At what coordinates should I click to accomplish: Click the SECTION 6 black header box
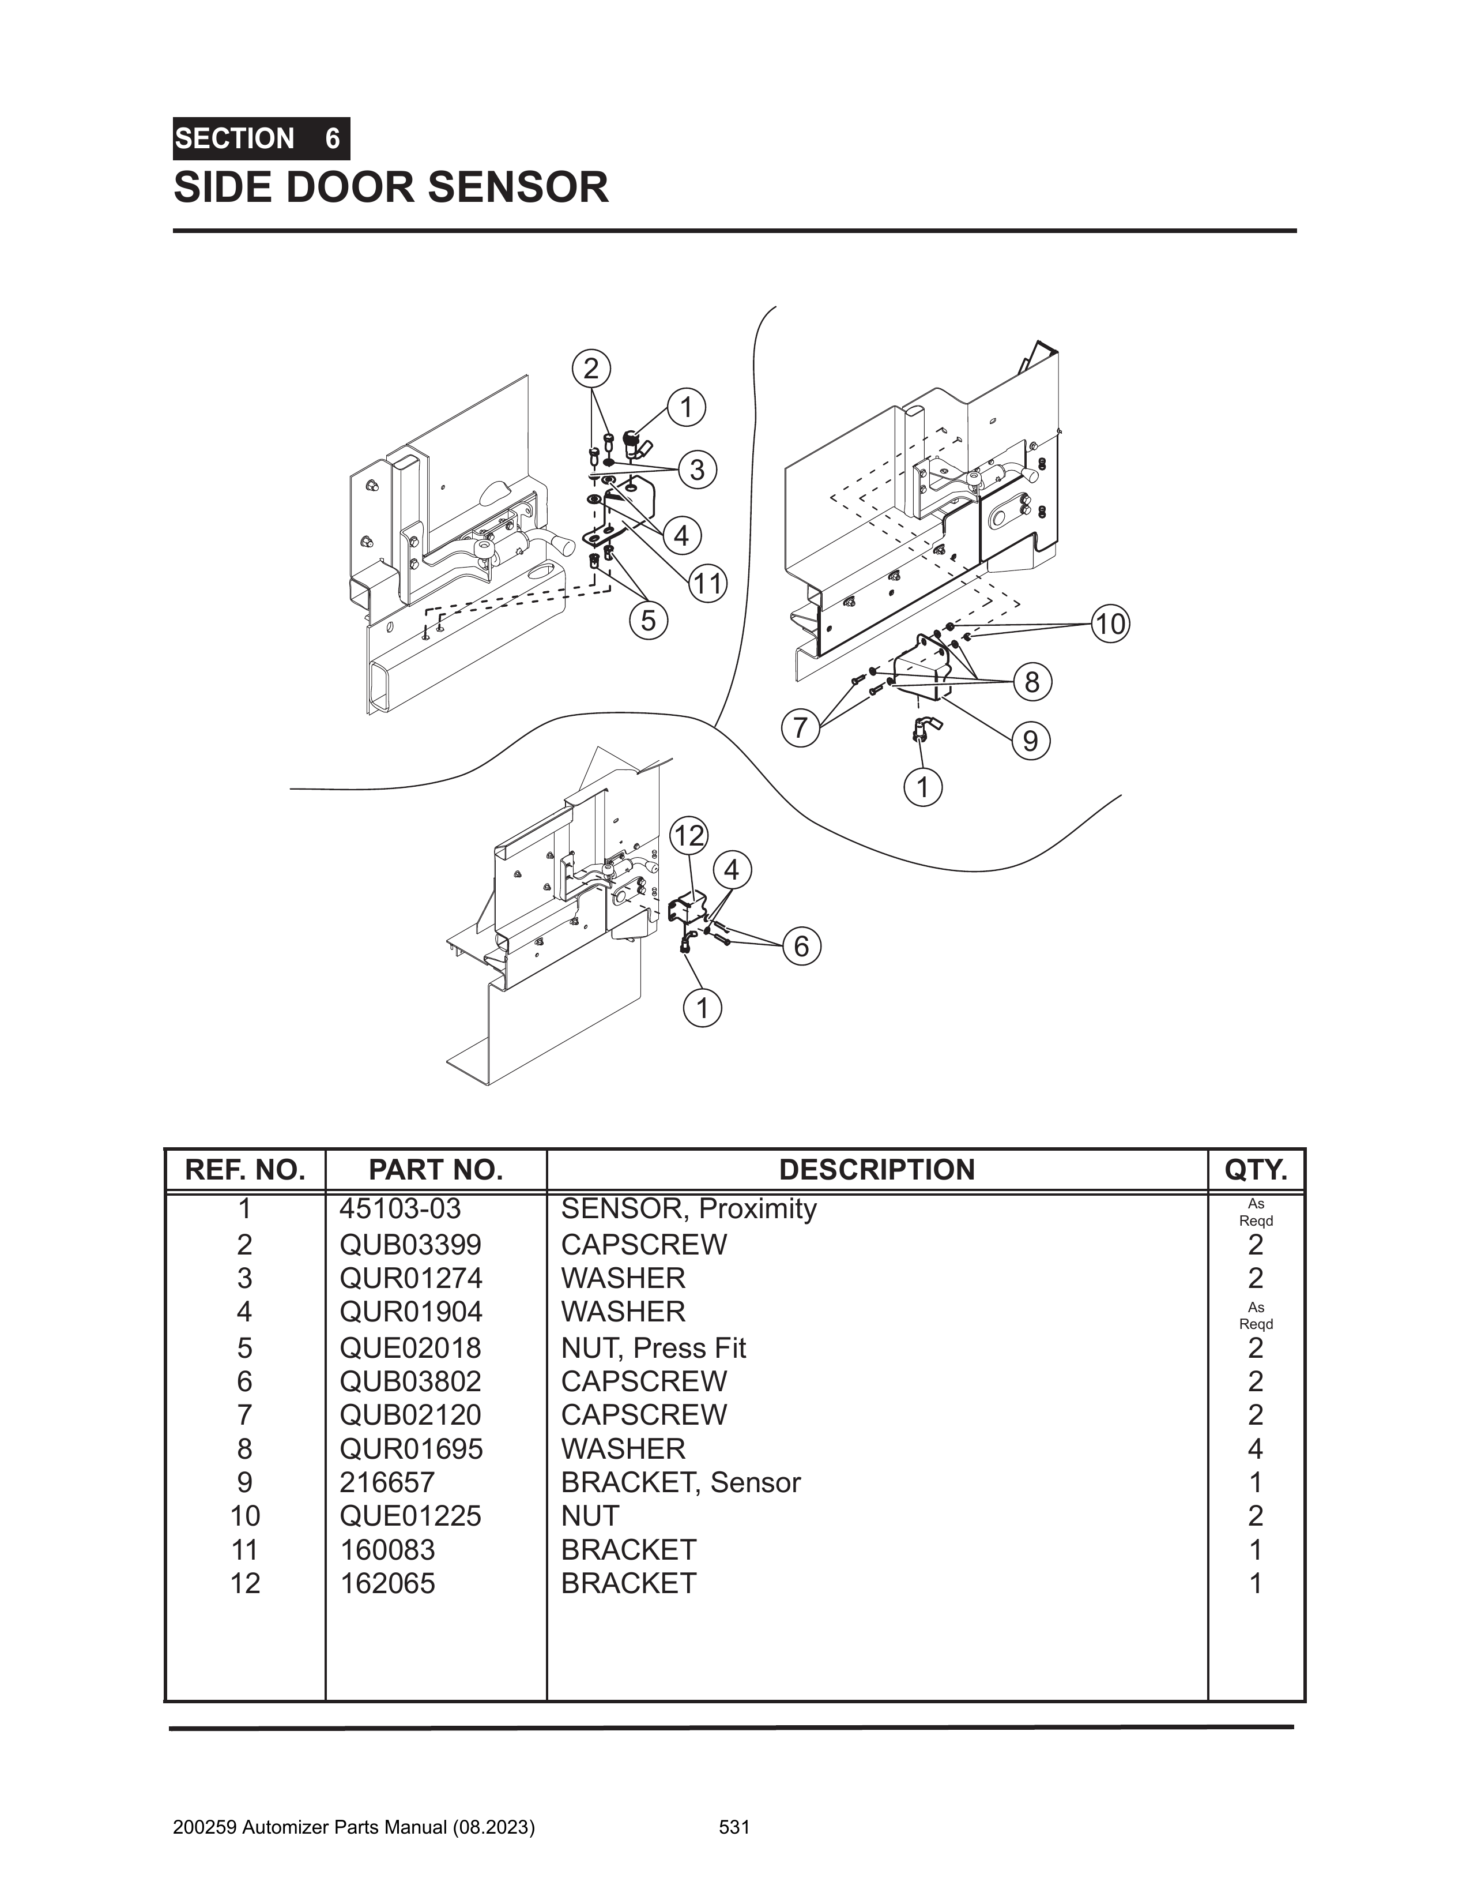tap(261, 138)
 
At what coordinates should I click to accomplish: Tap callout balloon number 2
tap(591, 369)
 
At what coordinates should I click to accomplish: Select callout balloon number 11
tap(707, 583)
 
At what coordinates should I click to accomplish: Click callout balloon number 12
tap(688, 836)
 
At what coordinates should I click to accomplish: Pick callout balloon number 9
tap(1030, 741)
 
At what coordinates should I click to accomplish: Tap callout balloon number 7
tap(800, 727)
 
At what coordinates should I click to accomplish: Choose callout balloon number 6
tap(801, 947)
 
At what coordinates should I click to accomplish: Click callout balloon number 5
tap(649, 621)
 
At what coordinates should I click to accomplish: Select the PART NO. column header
tap(436, 1170)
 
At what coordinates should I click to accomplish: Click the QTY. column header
tap(1256, 1170)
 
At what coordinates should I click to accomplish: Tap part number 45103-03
tap(400, 1209)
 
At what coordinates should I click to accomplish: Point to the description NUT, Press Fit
tap(654, 1348)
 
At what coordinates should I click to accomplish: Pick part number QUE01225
tap(410, 1516)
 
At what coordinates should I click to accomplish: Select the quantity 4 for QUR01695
tap(1255, 1449)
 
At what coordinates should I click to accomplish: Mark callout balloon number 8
tap(1032, 682)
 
